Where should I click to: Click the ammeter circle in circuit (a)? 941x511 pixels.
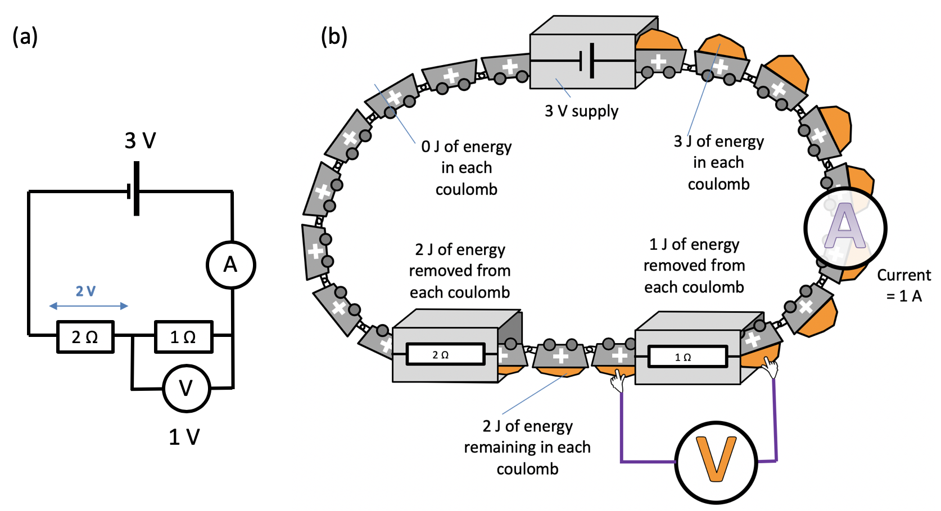pyautogui.click(x=230, y=265)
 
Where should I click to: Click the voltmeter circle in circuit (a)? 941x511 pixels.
pyautogui.click(x=187, y=388)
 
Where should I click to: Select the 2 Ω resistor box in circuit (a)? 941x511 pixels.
pyautogui.click(x=85, y=337)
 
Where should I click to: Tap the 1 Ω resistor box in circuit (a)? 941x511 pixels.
pyautogui.click(x=184, y=337)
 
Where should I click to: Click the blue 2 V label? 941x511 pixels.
pyautogui.click(x=85, y=291)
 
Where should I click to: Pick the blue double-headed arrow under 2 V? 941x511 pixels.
pyautogui.click(x=89, y=306)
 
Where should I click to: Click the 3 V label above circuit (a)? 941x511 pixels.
pyautogui.click(x=140, y=140)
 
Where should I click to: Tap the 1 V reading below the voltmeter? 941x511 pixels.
pyautogui.click(x=184, y=437)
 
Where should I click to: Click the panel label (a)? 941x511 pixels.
pyautogui.click(x=25, y=36)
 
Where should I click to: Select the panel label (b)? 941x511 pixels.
pyautogui.click(x=334, y=36)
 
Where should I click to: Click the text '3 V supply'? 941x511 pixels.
pyautogui.click(x=581, y=111)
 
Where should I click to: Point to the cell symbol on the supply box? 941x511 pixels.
pyautogui.click(x=588, y=61)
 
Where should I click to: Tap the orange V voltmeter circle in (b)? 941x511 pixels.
pyautogui.click(x=716, y=462)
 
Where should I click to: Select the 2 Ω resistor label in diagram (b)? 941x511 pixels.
pyautogui.click(x=440, y=355)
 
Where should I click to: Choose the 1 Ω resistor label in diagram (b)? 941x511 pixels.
pyautogui.click(x=683, y=357)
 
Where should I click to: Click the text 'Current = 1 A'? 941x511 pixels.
pyautogui.click(x=904, y=285)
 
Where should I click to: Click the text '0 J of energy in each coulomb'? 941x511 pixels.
pyautogui.click(x=467, y=168)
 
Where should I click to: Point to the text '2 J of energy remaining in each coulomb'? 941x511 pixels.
pyautogui.click(x=527, y=448)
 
